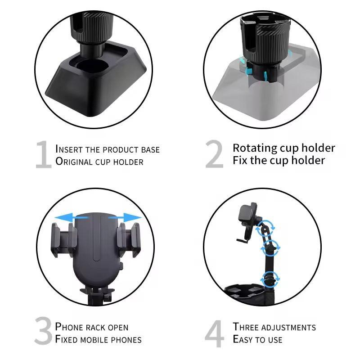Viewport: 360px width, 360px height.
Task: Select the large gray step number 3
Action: (x=43, y=332)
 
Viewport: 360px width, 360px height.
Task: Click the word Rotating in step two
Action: (x=254, y=148)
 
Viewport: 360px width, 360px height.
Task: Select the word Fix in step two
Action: (x=240, y=161)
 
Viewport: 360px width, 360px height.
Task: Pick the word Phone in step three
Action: (x=68, y=327)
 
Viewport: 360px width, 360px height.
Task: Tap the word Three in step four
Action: (x=246, y=327)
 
